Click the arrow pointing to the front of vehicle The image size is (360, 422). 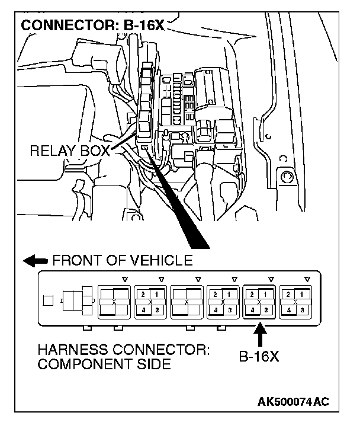click(x=35, y=260)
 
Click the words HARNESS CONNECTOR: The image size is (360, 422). click(x=123, y=350)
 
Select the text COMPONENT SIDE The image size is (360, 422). click(x=104, y=364)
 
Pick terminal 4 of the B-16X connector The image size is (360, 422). click(x=253, y=309)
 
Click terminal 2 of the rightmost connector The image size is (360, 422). click(x=290, y=294)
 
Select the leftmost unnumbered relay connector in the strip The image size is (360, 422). click(x=114, y=301)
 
